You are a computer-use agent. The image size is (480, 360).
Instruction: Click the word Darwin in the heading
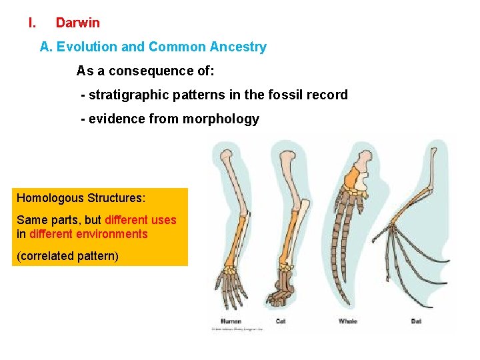pos(77,23)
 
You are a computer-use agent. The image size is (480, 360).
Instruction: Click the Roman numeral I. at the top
pos(31,23)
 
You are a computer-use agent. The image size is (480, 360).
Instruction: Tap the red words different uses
pos(141,220)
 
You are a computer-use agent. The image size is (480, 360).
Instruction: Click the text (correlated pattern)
pos(67,255)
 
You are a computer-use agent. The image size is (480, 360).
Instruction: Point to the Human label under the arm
pos(231,321)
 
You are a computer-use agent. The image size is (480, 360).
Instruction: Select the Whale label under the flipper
pos(348,321)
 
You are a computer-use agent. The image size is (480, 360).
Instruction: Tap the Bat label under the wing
pos(416,321)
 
